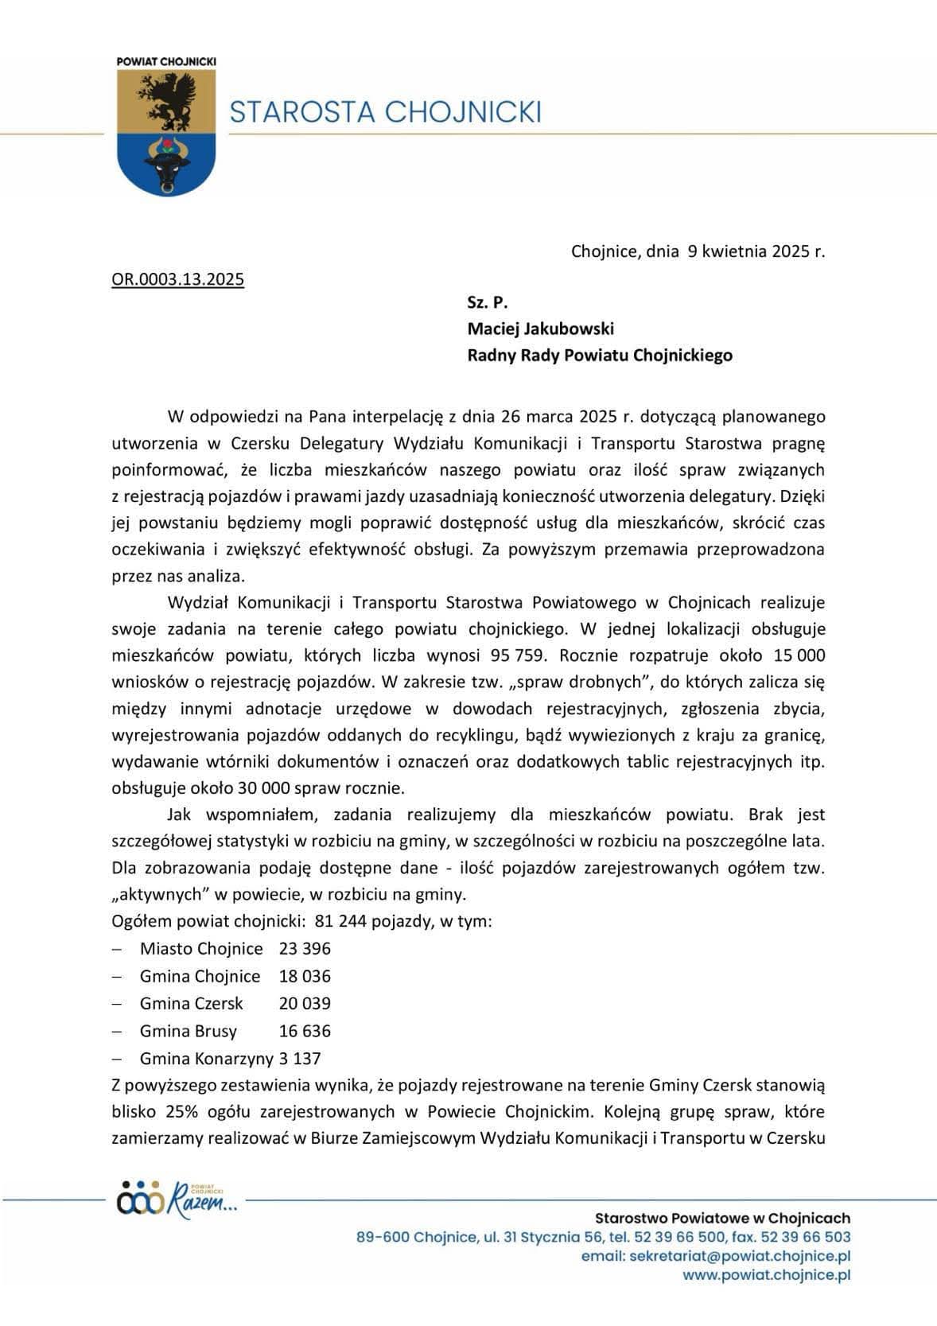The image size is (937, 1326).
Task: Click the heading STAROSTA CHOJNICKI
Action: [x=385, y=111]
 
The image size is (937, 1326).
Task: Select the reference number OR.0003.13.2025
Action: [x=177, y=279]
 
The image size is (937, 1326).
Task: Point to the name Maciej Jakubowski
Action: [x=540, y=329]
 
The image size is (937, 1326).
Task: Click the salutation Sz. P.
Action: [x=487, y=302]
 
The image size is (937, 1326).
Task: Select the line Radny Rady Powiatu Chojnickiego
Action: [x=599, y=356]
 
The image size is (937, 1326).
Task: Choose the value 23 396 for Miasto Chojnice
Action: [x=305, y=949]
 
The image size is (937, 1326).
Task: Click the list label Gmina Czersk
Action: [x=191, y=1003]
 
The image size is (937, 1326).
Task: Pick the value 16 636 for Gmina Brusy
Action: [x=305, y=1031]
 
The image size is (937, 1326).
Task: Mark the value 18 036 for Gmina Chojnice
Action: [x=305, y=976]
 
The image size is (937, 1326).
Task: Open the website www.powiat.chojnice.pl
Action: [x=767, y=1275]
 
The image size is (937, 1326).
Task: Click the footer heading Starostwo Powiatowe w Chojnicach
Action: [x=722, y=1218]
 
